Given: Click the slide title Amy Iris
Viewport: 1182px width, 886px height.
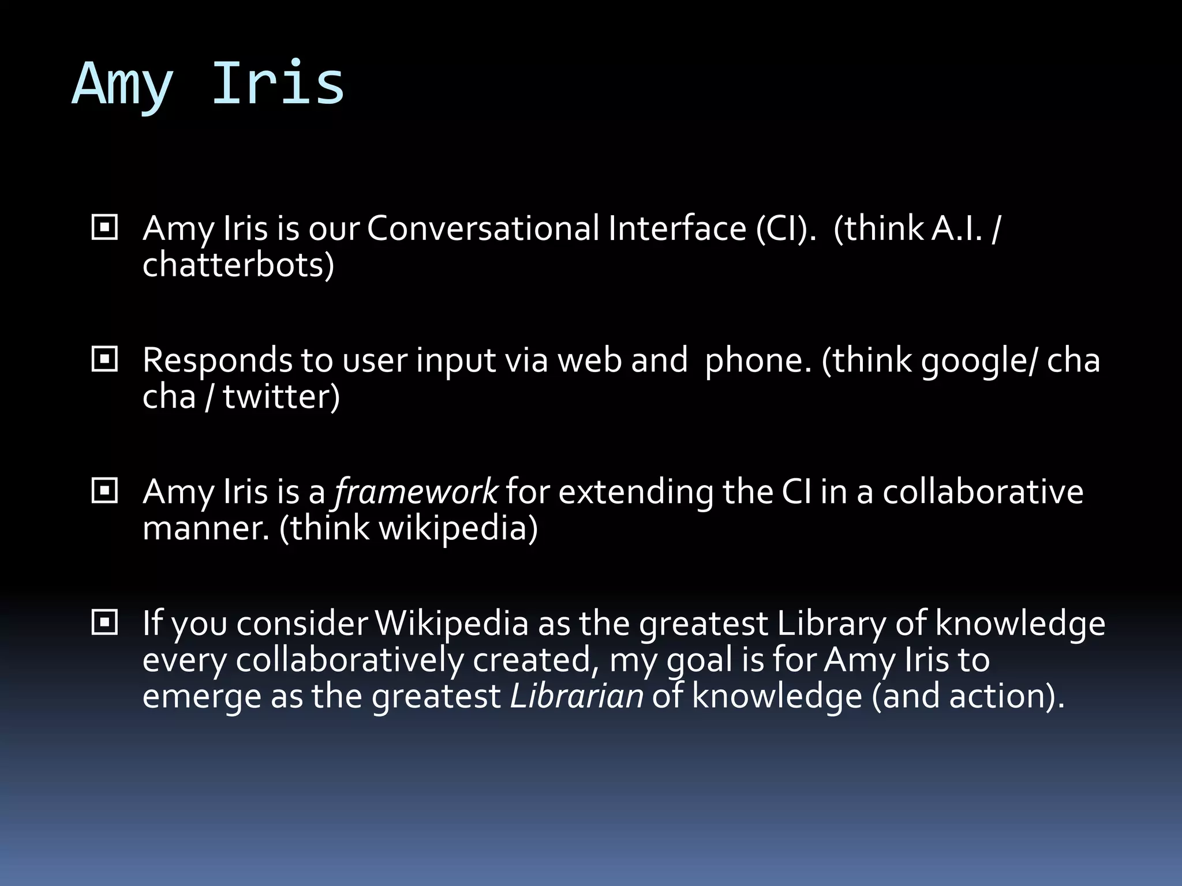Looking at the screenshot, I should click(208, 85).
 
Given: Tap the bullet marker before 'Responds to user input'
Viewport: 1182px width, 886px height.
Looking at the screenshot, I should click(104, 360).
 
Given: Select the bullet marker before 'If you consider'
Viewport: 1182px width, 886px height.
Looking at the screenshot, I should click(104, 623).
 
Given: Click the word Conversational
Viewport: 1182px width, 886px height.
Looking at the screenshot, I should click(483, 228).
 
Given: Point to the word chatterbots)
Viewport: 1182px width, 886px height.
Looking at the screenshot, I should click(238, 265).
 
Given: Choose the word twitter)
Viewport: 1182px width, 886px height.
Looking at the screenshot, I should click(281, 397).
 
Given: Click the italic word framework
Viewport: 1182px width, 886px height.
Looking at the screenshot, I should click(416, 492).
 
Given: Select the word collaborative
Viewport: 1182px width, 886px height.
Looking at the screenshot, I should click(982, 492).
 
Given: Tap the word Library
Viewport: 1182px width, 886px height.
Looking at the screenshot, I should click(831, 624).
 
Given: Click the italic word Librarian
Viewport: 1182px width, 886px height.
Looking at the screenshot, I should click(577, 696).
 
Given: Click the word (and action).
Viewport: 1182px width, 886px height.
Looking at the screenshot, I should click(968, 696).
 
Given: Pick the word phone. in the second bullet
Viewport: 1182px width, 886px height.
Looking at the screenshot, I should click(758, 361).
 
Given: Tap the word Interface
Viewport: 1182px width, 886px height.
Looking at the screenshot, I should click(677, 228).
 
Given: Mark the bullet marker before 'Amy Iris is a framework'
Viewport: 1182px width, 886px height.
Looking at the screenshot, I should click(104, 491).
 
